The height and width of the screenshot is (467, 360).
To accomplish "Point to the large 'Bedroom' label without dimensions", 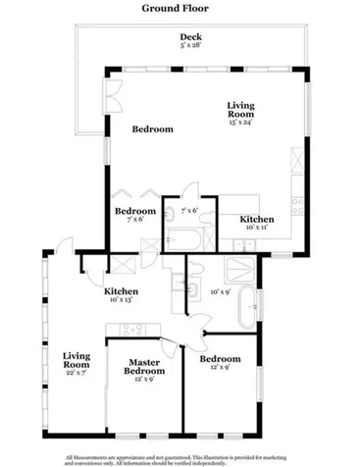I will tap(153, 129).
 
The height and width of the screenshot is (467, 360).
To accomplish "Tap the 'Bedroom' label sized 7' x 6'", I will tap(135, 215).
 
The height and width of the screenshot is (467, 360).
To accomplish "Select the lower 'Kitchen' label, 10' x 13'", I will tap(122, 294).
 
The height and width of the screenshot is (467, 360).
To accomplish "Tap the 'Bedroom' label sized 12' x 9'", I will tap(220, 363).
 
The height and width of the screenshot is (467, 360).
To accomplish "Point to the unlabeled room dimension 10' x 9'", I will tap(220, 291).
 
